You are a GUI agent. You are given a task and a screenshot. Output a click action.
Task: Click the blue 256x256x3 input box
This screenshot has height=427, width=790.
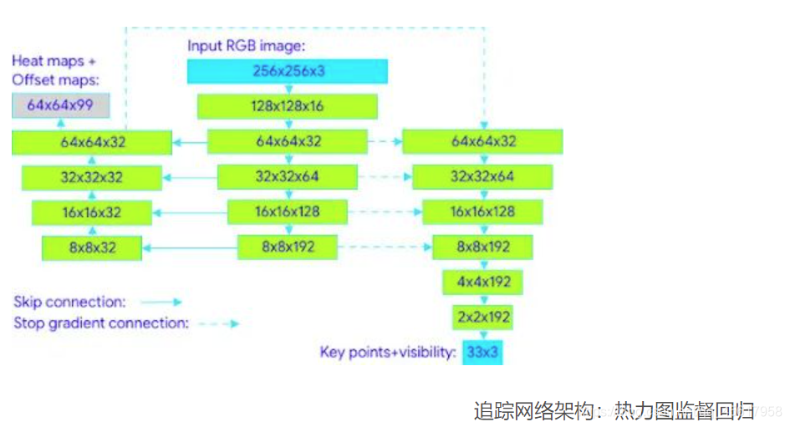point(288,72)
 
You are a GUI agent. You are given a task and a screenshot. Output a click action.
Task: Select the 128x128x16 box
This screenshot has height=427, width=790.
point(288,106)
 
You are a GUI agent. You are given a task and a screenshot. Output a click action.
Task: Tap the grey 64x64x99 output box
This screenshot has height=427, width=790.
point(59,105)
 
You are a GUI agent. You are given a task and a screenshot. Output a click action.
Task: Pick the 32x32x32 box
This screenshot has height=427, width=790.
point(92,177)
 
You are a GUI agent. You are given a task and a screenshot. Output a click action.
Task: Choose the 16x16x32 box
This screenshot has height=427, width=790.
point(91,212)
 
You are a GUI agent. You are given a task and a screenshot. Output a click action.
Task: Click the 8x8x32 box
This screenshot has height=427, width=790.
point(91,247)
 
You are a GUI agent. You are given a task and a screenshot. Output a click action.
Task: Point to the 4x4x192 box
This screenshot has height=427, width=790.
point(482,282)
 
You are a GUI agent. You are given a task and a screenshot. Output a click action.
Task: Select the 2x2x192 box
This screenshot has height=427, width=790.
point(482,318)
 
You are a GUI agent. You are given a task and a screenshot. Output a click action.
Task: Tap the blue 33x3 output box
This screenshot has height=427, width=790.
point(482,352)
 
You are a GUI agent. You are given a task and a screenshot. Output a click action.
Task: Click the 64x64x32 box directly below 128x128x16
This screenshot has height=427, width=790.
point(288,141)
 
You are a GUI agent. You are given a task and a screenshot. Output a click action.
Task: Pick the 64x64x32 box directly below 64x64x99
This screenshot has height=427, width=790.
point(92,142)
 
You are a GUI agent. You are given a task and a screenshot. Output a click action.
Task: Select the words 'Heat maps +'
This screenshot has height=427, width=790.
point(54,62)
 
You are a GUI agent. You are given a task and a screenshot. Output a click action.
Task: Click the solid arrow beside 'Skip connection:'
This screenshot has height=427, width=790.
point(161,302)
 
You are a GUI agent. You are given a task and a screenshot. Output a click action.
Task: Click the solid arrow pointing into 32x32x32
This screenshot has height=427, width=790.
point(190,177)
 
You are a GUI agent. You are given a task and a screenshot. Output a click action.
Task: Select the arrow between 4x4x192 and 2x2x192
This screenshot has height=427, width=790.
point(482,301)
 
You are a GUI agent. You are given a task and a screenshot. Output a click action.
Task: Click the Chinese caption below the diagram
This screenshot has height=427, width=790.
point(614,410)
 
